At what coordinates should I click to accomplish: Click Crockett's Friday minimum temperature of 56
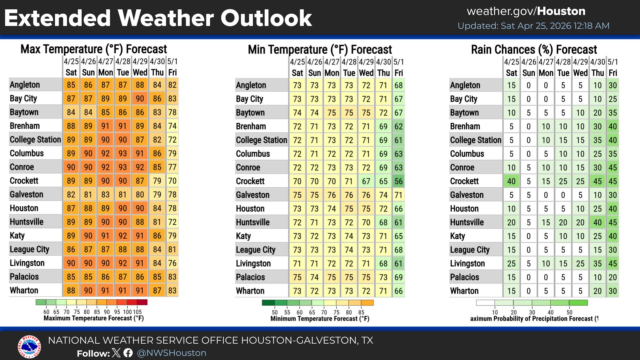point(398,181)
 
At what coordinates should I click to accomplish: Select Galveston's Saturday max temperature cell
point(71,194)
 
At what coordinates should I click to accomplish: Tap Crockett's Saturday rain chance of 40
point(511,181)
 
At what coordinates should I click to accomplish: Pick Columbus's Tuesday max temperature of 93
point(123,153)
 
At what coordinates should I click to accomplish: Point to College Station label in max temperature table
point(35,140)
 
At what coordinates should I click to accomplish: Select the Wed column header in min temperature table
point(366,73)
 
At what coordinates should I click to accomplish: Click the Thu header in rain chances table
point(597,73)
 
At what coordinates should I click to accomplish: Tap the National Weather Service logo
point(29,347)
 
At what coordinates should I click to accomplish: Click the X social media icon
point(116,353)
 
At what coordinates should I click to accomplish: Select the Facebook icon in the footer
point(128,353)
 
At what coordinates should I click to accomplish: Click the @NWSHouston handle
point(172,353)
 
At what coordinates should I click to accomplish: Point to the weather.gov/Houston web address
point(526,11)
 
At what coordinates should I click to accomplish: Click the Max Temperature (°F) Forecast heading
point(94,49)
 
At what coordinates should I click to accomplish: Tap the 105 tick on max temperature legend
point(137,312)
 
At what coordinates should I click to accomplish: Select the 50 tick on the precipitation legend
point(569,312)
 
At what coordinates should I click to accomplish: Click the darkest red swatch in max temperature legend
point(142,302)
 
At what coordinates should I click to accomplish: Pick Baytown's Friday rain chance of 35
point(613,113)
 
